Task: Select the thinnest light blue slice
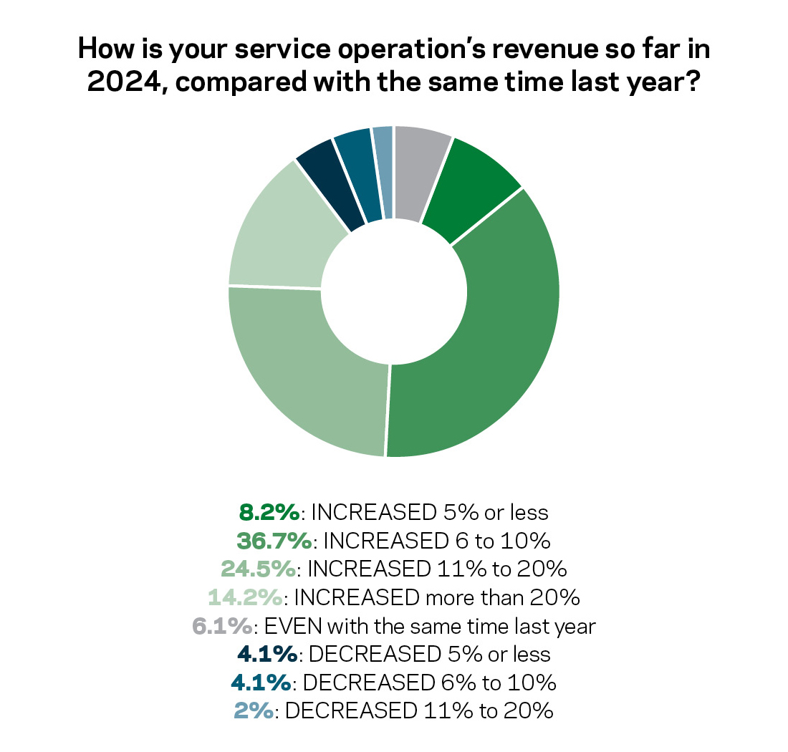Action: [384, 172]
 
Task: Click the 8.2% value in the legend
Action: [268, 512]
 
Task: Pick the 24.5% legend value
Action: [259, 569]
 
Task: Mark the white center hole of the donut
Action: [393, 291]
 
